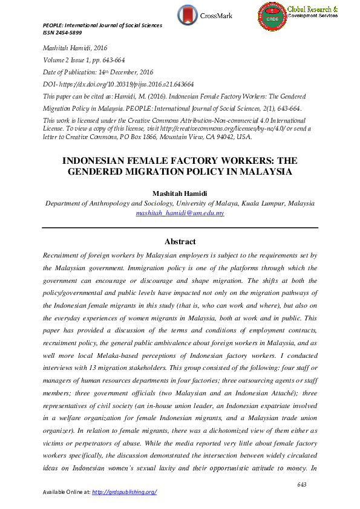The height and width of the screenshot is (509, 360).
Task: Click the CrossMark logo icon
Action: (x=188, y=14)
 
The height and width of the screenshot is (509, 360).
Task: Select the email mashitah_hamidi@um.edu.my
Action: (x=180, y=213)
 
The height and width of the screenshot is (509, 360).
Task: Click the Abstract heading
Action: (x=180, y=241)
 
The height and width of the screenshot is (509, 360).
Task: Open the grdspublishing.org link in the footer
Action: (x=124, y=492)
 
